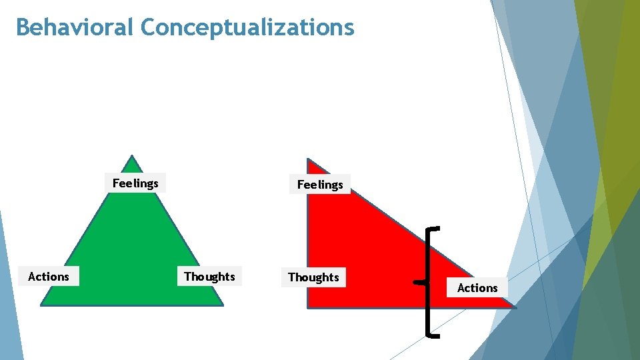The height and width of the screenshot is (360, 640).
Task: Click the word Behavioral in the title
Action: point(75,27)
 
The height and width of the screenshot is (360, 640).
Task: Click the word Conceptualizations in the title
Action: point(247,27)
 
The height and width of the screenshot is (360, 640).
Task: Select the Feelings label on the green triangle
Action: point(135,183)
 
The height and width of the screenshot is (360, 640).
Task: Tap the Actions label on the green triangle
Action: point(49,277)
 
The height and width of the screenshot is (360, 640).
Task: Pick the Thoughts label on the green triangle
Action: point(209,277)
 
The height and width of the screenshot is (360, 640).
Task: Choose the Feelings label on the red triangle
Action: point(320,185)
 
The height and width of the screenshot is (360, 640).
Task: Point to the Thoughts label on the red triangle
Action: point(313,277)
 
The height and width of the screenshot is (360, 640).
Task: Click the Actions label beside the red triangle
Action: point(477,288)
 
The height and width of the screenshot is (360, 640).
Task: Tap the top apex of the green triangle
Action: point(133,157)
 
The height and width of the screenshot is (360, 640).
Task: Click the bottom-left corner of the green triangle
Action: point(42,305)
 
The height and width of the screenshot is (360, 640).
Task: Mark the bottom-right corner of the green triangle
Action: point(222,305)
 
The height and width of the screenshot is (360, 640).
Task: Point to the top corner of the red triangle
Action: point(308,160)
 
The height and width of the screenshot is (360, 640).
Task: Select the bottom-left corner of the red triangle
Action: point(308,306)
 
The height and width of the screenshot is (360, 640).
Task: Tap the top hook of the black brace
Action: point(434,229)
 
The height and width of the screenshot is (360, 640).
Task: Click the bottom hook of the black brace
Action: point(434,336)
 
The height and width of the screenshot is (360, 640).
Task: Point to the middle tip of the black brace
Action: point(417,283)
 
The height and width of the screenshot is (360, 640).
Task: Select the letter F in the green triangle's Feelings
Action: point(115,183)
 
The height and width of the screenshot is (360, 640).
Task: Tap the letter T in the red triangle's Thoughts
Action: point(291,277)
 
